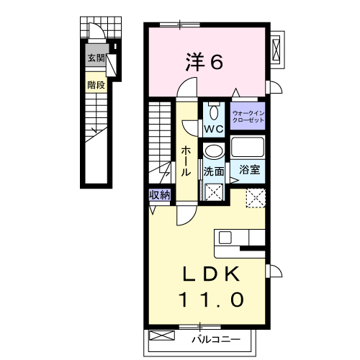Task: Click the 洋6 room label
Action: click(x=204, y=63)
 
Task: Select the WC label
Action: click(x=214, y=128)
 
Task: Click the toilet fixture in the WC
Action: click(x=214, y=112)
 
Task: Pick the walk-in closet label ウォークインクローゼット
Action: click(x=248, y=117)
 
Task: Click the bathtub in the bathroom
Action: click(x=248, y=149)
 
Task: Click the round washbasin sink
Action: click(x=212, y=152)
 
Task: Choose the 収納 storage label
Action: click(x=160, y=194)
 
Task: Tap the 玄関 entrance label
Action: click(x=96, y=58)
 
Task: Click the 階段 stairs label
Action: click(x=96, y=84)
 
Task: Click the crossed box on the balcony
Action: click(x=163, y=336)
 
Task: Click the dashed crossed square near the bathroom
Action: click(x=256, y=198)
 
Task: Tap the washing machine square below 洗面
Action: click(x=213, y=192)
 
